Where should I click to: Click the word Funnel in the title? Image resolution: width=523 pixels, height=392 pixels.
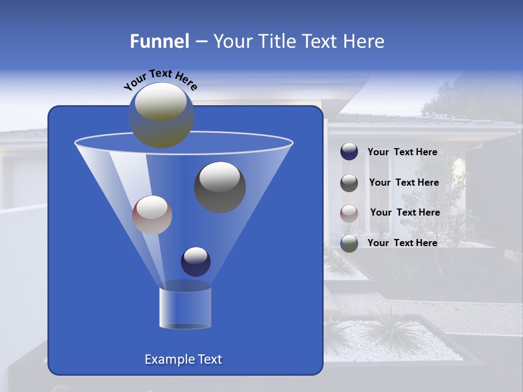pos(159,41)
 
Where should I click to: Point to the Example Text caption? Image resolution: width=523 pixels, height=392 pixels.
pos(183,359)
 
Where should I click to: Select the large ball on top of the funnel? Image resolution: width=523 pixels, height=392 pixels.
pos(161,115)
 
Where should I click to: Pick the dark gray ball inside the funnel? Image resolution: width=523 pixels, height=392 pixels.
pos(220,187)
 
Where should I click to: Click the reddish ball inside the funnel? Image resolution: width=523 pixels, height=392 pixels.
pos(152,215)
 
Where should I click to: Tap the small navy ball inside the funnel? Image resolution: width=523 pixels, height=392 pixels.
pos(196,261)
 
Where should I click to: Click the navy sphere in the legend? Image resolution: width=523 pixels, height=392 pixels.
pos(349,152)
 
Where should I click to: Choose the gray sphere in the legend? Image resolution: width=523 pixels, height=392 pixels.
pos(349,182)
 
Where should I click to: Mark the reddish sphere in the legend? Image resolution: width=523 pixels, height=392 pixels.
pos(349,213)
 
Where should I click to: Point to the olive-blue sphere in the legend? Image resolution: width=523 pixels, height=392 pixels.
pos(349,243)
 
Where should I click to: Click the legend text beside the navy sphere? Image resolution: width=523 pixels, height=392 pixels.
pos(402,152)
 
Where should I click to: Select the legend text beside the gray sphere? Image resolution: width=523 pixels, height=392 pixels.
pos(404,183)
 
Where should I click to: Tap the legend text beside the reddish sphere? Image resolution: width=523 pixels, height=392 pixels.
pos(405,213)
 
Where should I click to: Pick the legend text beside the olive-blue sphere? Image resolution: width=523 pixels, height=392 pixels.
pos(402,243)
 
